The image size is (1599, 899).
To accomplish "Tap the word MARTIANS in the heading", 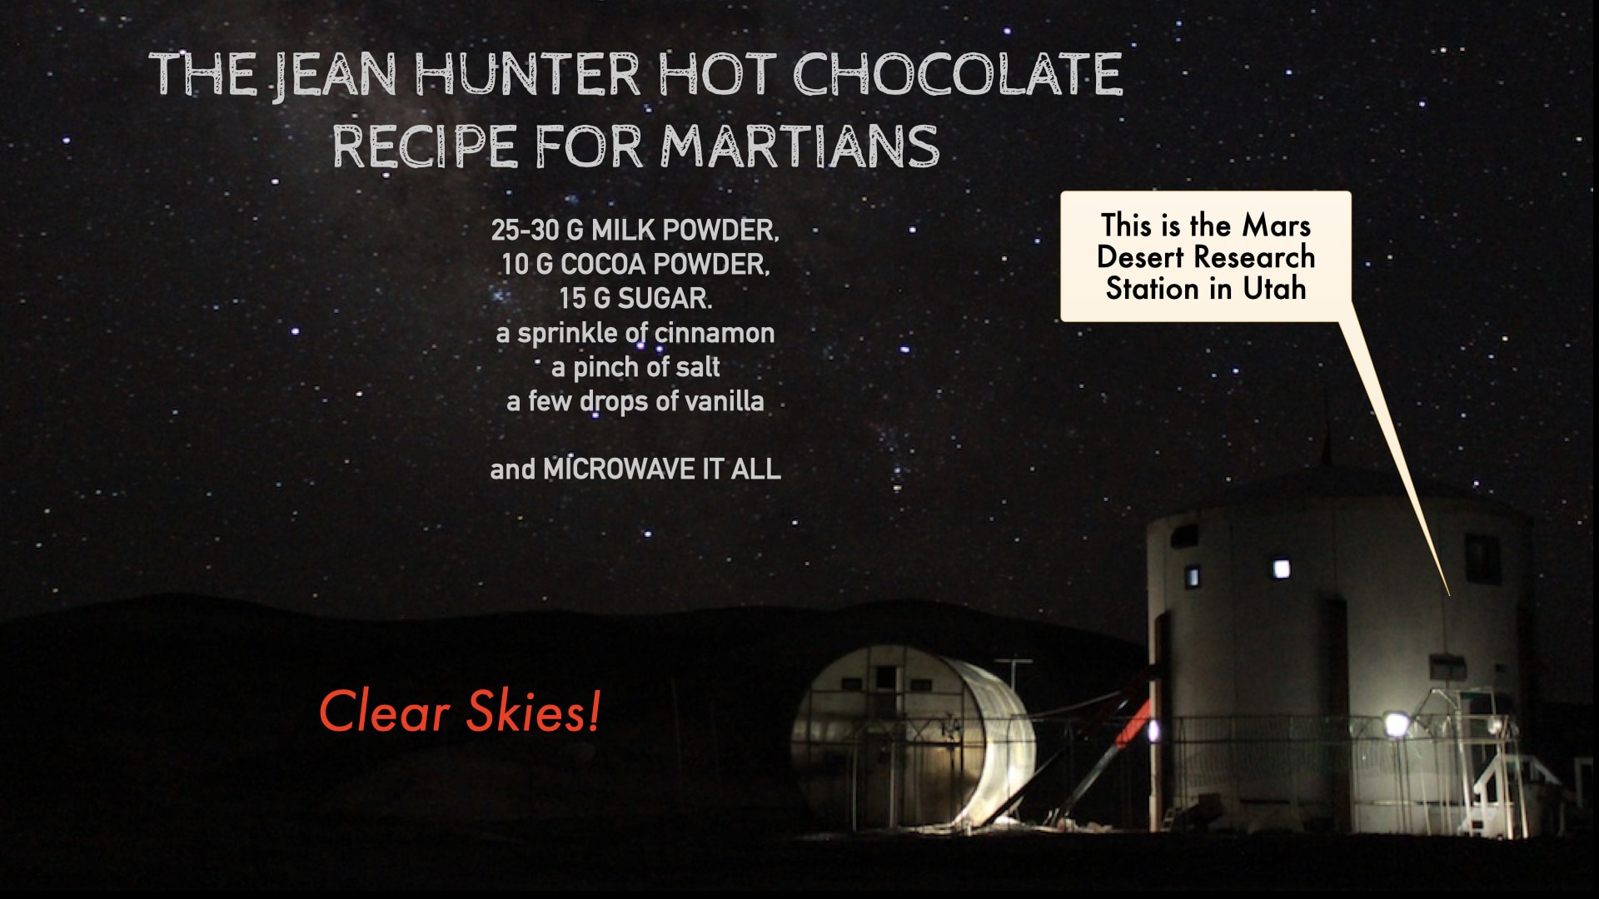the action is (800, 147).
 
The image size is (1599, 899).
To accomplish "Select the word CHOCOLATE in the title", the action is (958, 74).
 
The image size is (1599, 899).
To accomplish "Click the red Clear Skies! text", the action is (460, 712).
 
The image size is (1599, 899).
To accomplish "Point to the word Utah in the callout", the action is (1274, 289).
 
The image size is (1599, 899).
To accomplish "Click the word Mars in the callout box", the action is (1277, 226).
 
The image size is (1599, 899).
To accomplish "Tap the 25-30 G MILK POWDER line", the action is (635, 231).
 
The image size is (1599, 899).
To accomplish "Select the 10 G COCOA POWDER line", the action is (635, 265).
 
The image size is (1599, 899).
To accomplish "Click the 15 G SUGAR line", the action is (635, 299).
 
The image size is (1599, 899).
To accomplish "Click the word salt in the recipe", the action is (698, 367).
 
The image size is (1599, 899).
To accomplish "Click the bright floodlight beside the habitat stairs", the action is (1396, 723).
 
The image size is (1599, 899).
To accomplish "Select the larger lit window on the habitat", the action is (1282, 569).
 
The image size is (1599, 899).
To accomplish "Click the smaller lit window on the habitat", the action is (1193, 576).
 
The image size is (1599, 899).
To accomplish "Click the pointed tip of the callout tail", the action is (1449, 595).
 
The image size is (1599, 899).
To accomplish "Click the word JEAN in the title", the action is (336, 76).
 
